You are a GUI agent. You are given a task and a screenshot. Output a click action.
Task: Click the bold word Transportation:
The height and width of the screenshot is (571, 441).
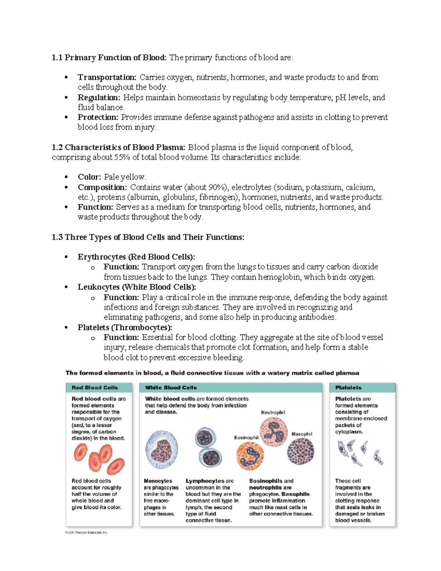(107, 77)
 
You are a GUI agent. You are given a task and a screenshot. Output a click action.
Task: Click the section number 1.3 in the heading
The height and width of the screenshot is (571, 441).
(57, 237)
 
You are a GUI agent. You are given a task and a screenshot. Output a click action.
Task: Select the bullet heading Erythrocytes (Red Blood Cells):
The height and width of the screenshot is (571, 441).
(136, 257)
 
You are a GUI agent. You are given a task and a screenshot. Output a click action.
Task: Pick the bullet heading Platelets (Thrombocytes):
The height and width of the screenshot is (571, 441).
(125, 327)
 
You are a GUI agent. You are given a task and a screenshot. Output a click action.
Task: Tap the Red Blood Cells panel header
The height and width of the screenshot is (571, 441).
(95, 388)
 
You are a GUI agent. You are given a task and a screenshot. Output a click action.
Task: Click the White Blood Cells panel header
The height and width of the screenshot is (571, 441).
(171, 388)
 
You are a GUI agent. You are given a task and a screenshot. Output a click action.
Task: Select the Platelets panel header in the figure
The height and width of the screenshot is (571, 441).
(348, 388)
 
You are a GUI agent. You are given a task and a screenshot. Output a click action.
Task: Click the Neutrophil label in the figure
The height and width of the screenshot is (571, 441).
(273, 413)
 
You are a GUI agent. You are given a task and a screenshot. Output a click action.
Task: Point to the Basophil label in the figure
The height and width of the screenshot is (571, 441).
(302, 434)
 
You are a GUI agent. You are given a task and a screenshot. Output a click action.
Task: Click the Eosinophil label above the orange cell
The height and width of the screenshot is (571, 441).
(246, 438)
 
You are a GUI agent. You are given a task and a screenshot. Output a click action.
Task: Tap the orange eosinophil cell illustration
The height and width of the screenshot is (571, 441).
(250, 456)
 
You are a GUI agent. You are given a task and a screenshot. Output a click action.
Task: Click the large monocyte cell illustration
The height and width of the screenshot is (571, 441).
(162, 450)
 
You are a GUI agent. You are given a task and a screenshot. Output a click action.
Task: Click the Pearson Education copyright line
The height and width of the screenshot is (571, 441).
(86, 532)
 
